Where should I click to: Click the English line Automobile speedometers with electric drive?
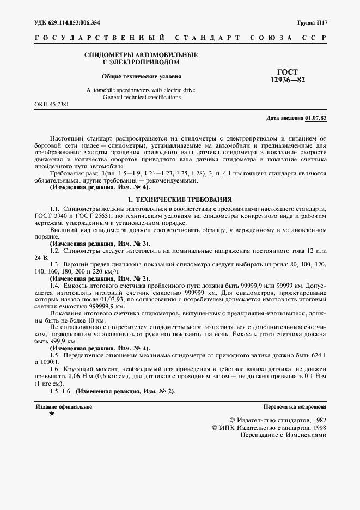point(142,89)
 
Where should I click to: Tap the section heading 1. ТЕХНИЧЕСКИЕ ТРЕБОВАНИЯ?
point(179,199)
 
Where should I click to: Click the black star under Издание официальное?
point(51,414)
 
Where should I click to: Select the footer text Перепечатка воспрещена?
point(295,406)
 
